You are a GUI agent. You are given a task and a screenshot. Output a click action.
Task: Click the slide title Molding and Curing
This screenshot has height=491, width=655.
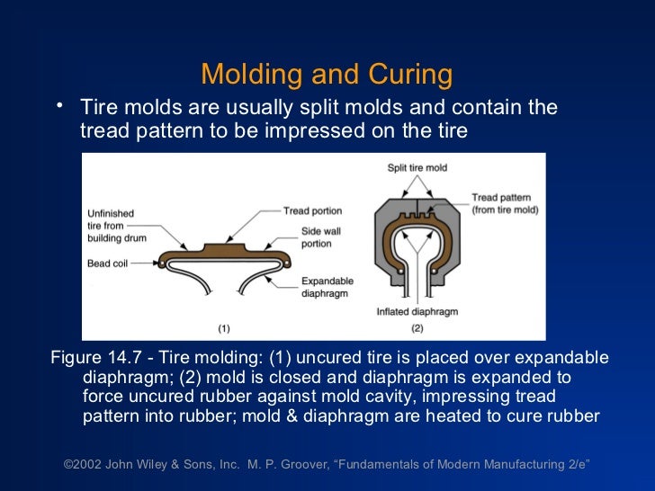[327, 74]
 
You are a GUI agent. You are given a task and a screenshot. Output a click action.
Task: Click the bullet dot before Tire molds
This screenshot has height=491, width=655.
[60, 108]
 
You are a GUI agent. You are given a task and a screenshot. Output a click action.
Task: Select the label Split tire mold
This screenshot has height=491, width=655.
[418, 168]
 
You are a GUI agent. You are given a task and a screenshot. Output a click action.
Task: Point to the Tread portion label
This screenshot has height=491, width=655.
[312, 211]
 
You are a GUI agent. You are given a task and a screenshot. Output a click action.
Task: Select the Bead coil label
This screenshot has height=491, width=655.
[111, 263]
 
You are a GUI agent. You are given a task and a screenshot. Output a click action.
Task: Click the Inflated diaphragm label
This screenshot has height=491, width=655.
[417, 312]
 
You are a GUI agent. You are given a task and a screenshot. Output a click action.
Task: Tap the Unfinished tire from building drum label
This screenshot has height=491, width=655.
[111, 227]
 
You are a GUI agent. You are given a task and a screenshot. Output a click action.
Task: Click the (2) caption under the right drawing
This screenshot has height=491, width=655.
[417, 328]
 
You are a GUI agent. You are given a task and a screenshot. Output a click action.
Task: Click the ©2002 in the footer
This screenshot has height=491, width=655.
[83, 465]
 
